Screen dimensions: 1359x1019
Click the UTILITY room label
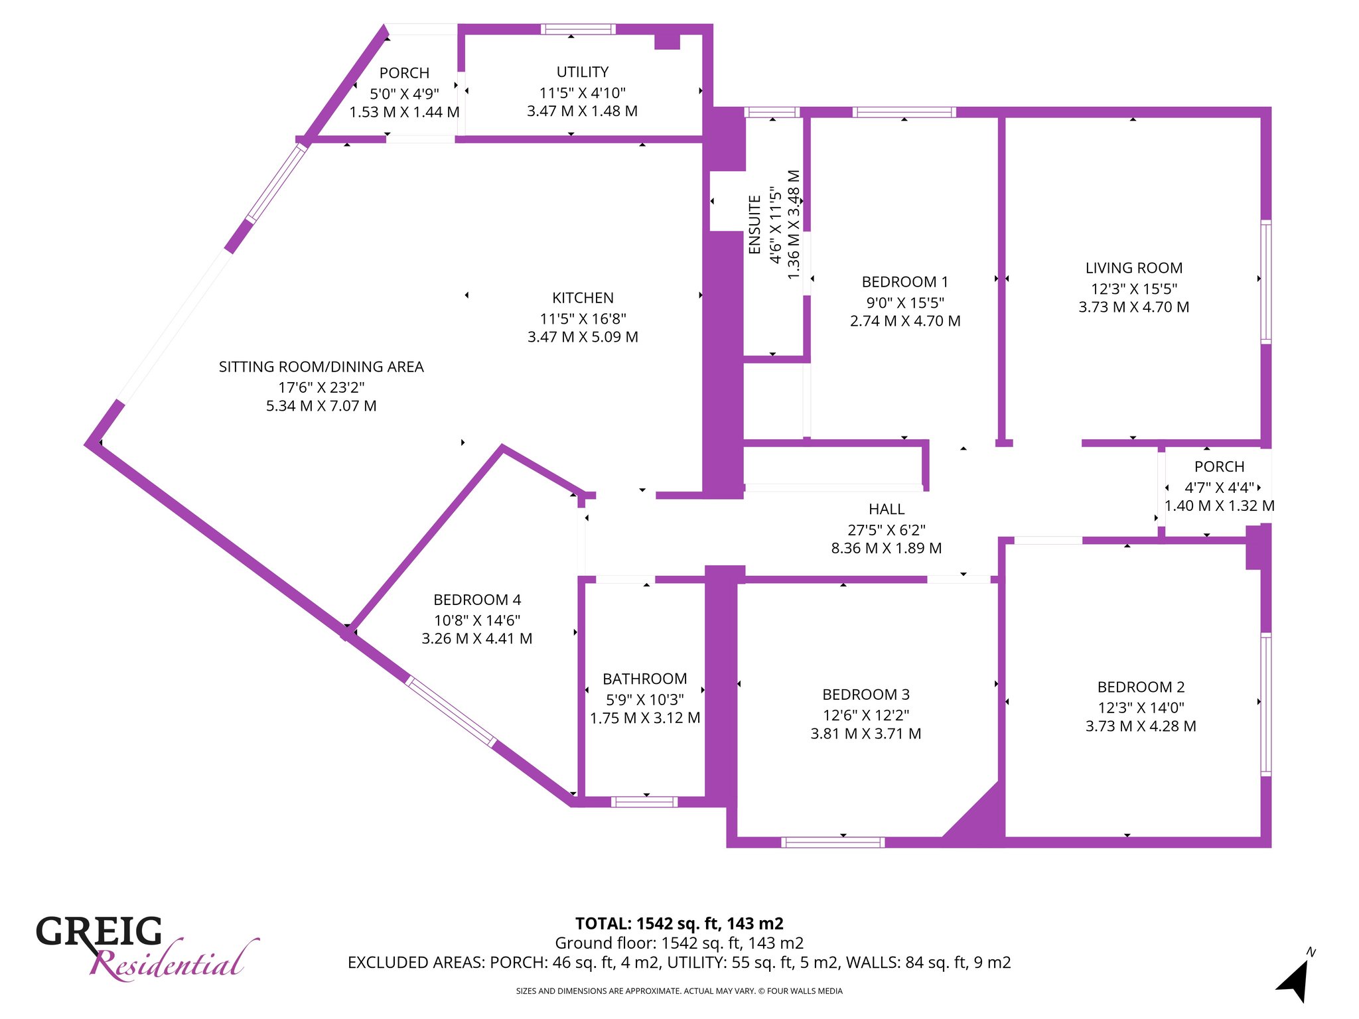[x=583, y=72]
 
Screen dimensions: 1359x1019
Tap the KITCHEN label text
[x=583, y=298]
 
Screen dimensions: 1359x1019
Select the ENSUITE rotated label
[x=754, y=224]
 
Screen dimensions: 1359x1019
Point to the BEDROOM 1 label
[x=905, y=282]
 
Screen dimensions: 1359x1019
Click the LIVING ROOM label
[x=1134, y=268]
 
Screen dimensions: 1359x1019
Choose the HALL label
[x=887, y=509]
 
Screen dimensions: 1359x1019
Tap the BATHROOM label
[x=645, y=679]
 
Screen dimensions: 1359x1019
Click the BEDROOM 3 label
[x=866, y=695]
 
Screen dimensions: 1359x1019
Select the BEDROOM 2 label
[x=1141, y=687]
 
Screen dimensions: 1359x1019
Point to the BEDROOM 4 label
[x=477, y=600]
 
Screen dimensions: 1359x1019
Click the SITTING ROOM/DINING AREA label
[x=321, y=367]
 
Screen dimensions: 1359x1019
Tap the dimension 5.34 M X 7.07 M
[x=321, y=406]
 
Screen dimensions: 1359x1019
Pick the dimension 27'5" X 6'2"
[x=887, y=529]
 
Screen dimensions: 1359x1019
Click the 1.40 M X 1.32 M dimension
[x=1220, y=506]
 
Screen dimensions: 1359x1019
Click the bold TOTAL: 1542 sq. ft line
[x=679, y=923]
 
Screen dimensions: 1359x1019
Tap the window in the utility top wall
[x=578, y=29]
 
